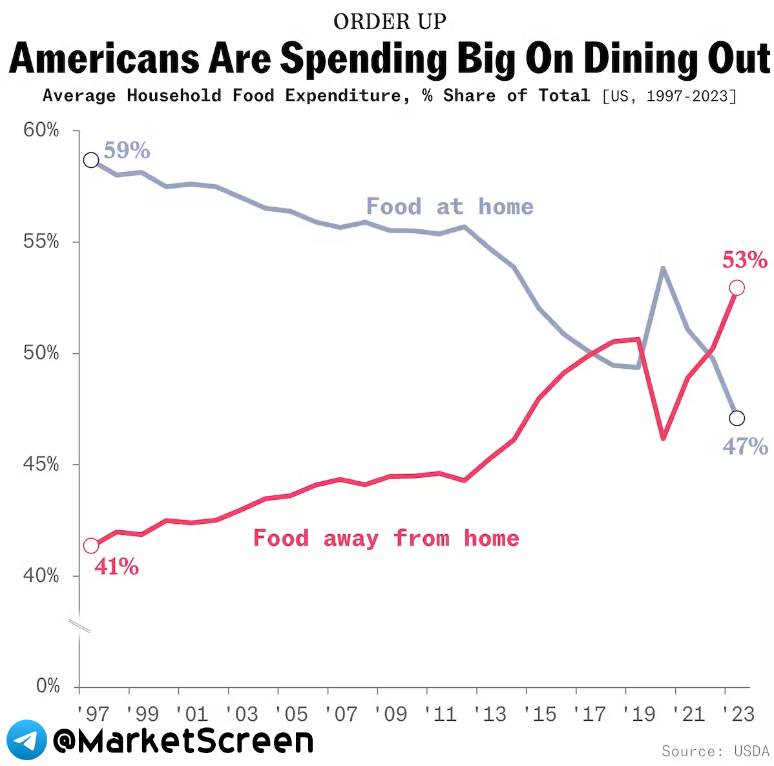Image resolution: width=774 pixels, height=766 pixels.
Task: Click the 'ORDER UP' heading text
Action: click(x=390, y=21)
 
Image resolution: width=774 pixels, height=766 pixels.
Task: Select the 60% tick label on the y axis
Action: click(x=41, y=130)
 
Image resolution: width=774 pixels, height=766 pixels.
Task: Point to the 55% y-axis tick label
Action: click(x=41, y=242)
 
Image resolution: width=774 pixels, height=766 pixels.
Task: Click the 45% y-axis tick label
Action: click(x=41, y=464)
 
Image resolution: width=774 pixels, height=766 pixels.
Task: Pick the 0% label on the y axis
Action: click(x=48, y=686)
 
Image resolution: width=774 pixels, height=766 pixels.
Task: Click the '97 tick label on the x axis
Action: click(x=93, y=714)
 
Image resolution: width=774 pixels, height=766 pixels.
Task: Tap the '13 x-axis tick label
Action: click(x=490, y=714)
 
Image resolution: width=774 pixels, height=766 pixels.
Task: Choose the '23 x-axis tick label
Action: click(x=739, y=714)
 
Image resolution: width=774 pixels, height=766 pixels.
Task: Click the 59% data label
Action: click(x=127, y=150)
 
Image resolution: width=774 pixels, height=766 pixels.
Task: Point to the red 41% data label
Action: click(x=116, y=567)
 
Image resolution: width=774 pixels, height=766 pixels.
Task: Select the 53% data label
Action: click(x=744, y=260)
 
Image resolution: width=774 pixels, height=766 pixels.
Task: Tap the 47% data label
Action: click(x=745, y=446)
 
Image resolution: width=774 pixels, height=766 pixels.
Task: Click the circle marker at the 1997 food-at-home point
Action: click(x=91, y=160)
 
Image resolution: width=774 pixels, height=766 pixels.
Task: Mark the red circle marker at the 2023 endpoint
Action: click(x=737, y=288)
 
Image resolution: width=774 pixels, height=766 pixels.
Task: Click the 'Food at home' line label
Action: click(x=450, y=207)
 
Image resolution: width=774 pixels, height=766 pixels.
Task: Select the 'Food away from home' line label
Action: click(x=386, y=538)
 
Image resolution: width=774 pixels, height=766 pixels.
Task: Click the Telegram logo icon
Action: click(x=26, y=740)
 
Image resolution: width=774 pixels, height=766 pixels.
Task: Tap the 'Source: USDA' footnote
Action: click(x=715, y=751)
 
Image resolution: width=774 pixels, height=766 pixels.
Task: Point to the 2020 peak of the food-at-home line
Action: click(x=663, y=268)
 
